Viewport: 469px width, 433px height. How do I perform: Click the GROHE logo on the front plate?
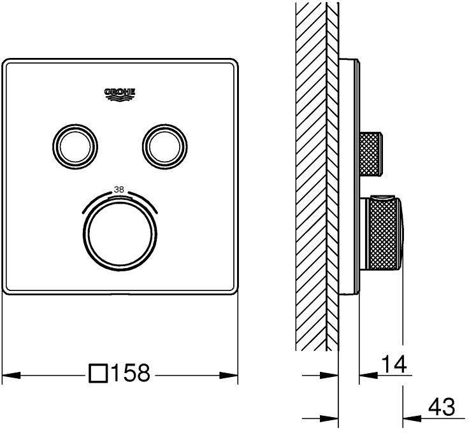coord(120,94)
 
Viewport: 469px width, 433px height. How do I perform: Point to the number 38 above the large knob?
coord(119,189)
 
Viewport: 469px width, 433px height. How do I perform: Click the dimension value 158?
coord(130,374)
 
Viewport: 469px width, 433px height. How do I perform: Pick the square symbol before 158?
coord(99,374)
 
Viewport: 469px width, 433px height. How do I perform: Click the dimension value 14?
coord(394,365)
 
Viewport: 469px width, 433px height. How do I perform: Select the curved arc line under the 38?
coord(119,199)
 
